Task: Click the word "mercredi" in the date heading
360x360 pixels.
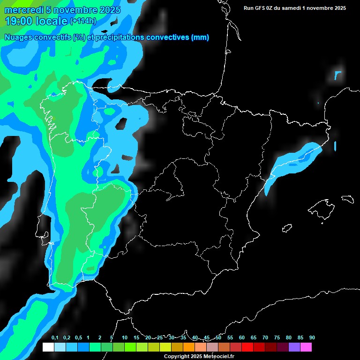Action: click(22, 10)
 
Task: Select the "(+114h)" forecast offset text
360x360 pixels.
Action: click(84, 21)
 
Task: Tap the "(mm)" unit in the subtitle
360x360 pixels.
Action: click(200, 37)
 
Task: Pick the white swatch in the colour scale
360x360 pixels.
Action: click(48, 347)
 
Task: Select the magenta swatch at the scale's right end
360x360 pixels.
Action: click(306, 347)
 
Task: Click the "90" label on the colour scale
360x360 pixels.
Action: click(312, 338)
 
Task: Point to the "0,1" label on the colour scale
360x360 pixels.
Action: click(54, 338)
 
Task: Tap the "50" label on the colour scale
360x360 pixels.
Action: click(218, 338)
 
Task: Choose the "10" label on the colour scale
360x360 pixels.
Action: click(125, 338)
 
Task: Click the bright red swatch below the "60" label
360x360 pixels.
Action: click(247, 347)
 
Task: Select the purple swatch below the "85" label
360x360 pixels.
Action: click(294, 347)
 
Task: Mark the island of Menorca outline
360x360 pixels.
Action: click(347, 199)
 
